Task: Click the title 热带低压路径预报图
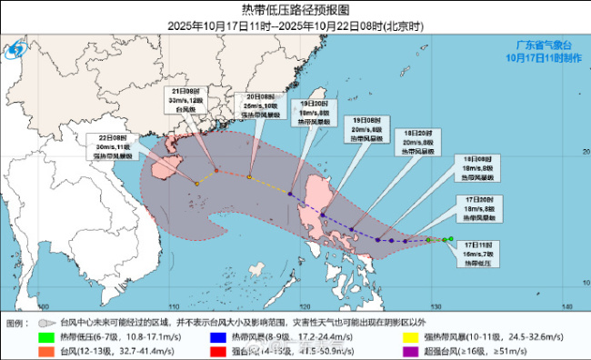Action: [x=295, y=11]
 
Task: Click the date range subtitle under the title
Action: [x=295, y=26]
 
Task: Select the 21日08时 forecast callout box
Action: [x=187, y=103]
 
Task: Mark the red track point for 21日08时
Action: [x=216, y=170]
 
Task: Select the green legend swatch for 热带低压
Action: [x=45, y=337]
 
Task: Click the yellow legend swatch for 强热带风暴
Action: [x=409, y=337]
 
